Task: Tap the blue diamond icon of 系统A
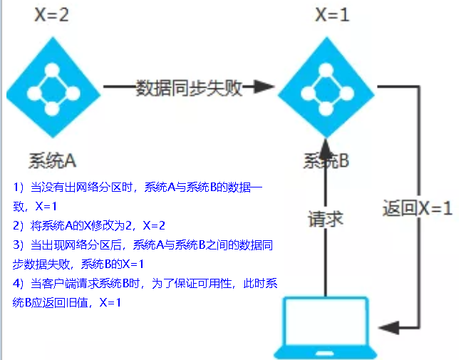pos(51,88)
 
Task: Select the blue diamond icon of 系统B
pos(326,88)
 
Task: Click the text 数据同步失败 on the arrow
pos(190,88)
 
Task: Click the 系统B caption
pos(326,161)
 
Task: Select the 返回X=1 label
pos(417,210)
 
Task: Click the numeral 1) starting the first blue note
pos(19,188)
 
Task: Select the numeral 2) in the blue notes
pos(19,226)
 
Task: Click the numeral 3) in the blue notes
pos(19,245)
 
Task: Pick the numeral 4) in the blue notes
pos(19,284)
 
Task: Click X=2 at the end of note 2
pos(154,226)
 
